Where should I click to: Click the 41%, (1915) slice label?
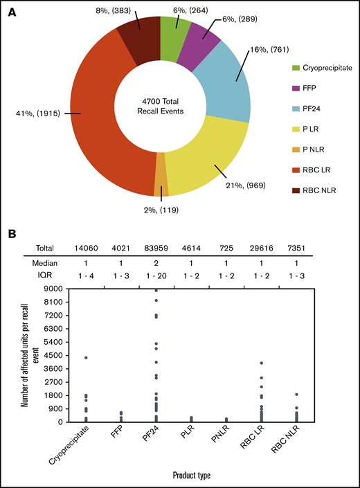[x=49, y=113]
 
